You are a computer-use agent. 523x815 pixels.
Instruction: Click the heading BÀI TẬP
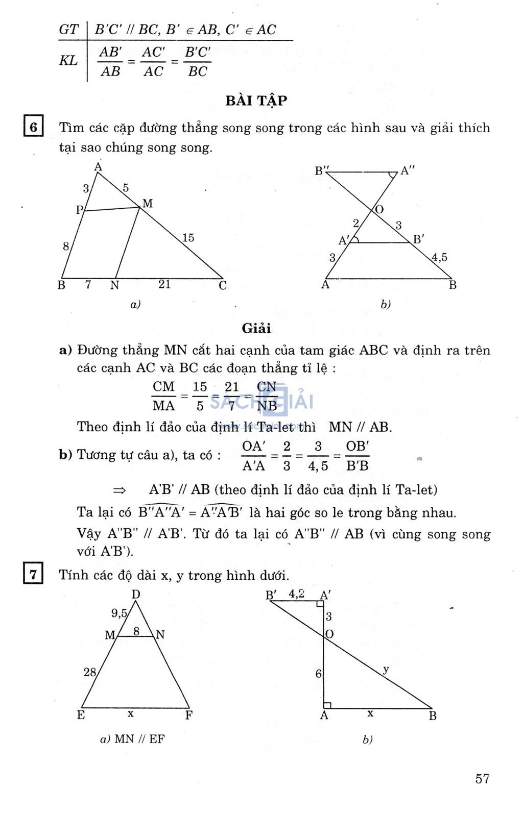(x=256, y=100)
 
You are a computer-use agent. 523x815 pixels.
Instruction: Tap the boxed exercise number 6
(x=33, y=127)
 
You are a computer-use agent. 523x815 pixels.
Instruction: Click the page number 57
(x=482, y=778)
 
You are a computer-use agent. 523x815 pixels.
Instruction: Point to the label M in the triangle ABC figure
(x=148, y=204)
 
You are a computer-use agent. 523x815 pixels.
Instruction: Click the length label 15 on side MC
(x=188, y=237)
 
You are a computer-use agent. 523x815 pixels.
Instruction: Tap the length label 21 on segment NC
(x=164, y=284)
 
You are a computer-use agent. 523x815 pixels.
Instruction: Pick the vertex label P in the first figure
(x=79, y=210)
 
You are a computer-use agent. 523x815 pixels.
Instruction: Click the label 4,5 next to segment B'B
(x=439, y=257)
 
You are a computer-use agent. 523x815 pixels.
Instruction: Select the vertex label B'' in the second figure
(x=322, y=171)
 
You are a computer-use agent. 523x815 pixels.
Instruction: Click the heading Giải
(x=256, y=328)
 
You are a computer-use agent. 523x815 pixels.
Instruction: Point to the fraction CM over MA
(x=163, y=396)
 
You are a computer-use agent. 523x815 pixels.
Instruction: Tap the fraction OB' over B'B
(x=357, y=455)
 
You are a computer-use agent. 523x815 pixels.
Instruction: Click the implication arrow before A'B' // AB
(x=120, y=490)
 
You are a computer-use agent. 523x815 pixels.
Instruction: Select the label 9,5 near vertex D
(x=119, y=613)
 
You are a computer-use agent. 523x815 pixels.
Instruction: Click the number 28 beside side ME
(x=90, y=672)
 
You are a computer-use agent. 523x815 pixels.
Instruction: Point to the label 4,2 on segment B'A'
(x=297, y=594)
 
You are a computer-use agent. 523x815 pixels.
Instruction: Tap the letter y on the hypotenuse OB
(x=386, y=669)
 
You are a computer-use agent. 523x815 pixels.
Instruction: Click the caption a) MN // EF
(x=132, y=739)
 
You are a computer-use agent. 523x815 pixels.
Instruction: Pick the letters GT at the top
(x=69, y=30)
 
